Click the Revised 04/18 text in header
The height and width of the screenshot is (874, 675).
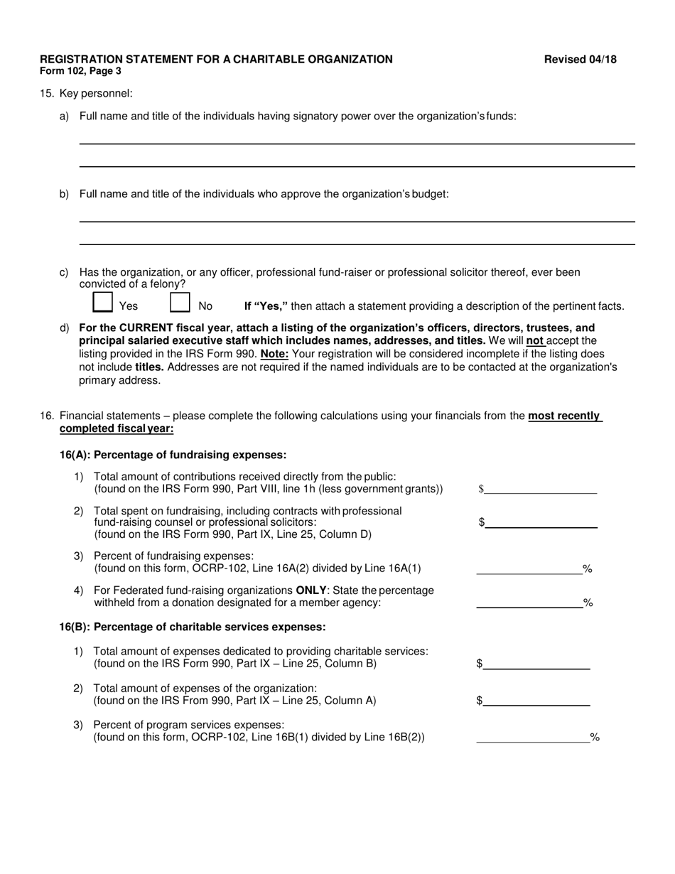[x=580, y=60]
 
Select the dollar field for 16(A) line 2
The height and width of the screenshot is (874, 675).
[x=541, y=522]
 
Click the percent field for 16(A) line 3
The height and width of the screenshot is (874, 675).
[x=529, y=568]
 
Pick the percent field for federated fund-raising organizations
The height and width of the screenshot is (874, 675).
[x=529, y=603]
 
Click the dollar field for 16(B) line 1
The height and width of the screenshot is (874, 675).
[x=536, y=664]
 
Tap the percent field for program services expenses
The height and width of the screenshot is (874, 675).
[x=532, y=737]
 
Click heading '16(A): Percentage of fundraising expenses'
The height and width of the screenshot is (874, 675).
[x=173, y=455]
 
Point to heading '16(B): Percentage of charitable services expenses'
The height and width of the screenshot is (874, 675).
[x=193, y=627]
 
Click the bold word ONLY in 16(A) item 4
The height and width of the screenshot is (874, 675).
[x=312, y=590]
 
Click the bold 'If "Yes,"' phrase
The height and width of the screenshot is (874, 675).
[x=266, y=306]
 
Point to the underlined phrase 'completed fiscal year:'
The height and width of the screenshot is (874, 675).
[x=117, y=428]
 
